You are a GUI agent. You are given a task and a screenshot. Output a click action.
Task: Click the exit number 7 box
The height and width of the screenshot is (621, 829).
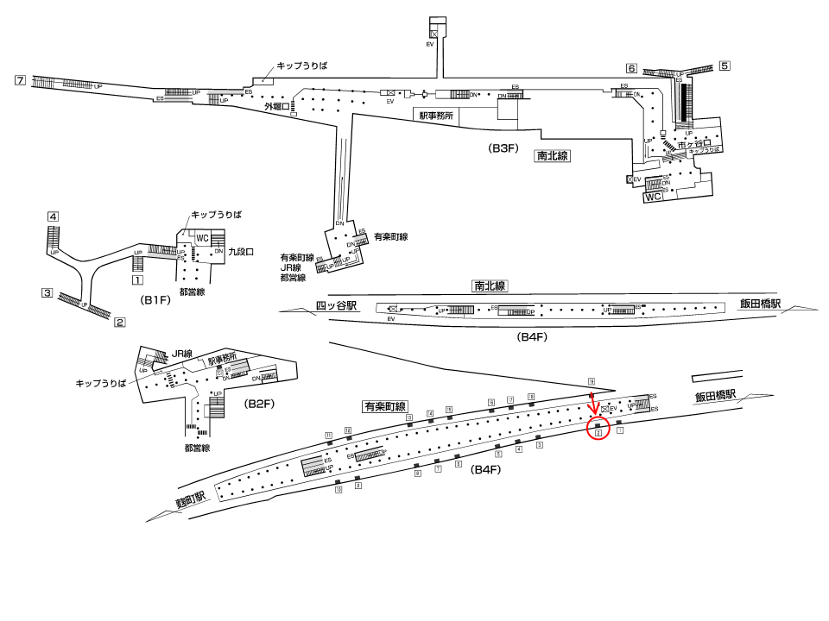[x=21, y=81]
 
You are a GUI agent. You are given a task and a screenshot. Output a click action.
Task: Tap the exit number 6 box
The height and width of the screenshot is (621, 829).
[x=632, y=68]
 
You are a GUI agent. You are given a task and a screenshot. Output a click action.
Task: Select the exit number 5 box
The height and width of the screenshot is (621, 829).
[x=725, y=66]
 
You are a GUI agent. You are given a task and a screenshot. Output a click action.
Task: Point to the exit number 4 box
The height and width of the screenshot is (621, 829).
[x=53, y=216]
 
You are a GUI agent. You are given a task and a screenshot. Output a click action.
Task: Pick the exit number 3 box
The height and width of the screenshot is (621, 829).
[x=47, y=293]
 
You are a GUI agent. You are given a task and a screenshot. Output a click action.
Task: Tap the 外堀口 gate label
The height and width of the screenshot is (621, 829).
[x=276, y=107]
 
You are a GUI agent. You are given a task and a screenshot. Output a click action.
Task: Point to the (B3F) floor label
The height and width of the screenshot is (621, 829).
[x=503, y=148]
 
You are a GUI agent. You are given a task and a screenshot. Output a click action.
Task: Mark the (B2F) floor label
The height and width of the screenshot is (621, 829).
[x=259, y=404]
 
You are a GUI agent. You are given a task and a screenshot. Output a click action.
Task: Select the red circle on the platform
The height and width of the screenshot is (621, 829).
[x=598, y=429]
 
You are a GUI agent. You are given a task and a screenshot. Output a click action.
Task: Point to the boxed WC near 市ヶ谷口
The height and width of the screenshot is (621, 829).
[x=655, y=197]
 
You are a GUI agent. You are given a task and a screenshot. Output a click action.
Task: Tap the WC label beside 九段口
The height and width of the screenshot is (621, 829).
[x=203, y=238]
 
